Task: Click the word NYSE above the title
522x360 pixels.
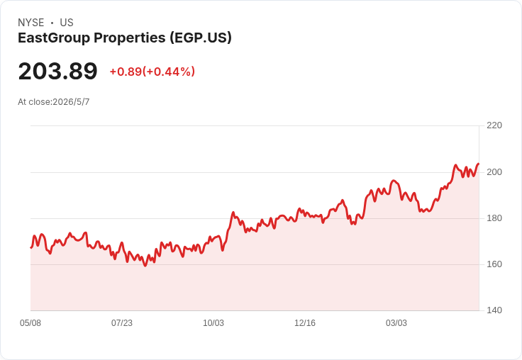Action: click(x=31, y=23)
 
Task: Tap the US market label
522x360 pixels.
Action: click(x=67, y=23)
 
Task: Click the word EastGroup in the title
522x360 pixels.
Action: click(x=54, y=38)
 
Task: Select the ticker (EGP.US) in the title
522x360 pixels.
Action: click(x=201, y=38)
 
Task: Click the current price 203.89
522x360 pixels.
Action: click(x=58, y=71)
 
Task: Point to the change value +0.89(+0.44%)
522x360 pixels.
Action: click(x=152, y=72)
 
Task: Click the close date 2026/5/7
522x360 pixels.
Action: click(x=71, y=102)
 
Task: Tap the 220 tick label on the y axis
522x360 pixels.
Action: click(x=494, y=125)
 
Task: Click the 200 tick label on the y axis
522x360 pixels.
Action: click(x=494, y=172)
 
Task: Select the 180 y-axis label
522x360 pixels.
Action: click(x=494, y=218)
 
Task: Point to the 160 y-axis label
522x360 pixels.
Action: click(x=494, y=264)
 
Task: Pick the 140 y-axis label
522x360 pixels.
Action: click(x=494, y=310)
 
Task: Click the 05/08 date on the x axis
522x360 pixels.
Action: click(x=30, y=323)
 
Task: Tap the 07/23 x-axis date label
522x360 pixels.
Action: click(x=122, y=323)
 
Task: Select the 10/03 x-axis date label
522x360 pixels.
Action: click(x=213, y=323)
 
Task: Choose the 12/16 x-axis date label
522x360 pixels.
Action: click(x=305, y=323)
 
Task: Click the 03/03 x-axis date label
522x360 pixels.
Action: click(x=396, y=323)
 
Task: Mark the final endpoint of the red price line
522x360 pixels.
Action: click(x=479, y=164)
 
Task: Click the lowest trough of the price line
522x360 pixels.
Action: click(x=145, y=266)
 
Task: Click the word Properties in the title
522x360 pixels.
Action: click(x=130, y=38)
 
